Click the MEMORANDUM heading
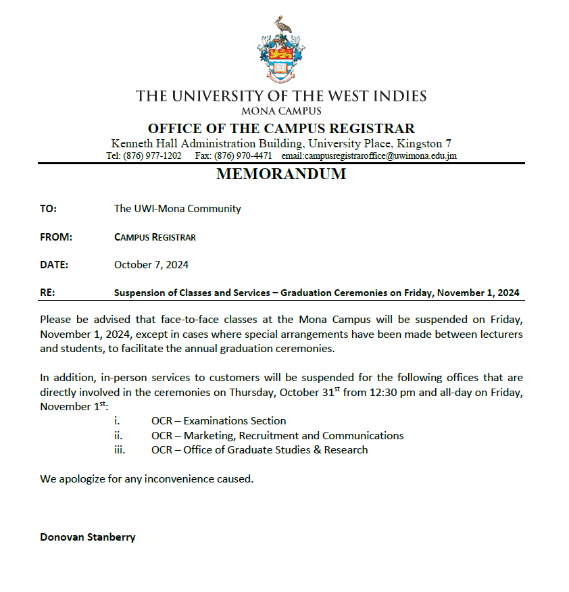(x=281, y=174)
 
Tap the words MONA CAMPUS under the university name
(x=281, y=111)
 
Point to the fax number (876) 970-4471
(x=243, y=155)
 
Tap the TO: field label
(x=48, y=209)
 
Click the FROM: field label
(x=56, y=237)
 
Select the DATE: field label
(x=54, y=265)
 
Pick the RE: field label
(x=47, y=293)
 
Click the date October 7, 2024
(x=151, y=265)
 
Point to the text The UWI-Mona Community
(x=178, y=209)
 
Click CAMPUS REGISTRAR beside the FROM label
(x=155, y=237)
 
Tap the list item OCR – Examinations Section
(x=218, y=421)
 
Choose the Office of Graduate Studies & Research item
(x=276, y=450)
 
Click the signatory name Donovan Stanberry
(x=88, y=537)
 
